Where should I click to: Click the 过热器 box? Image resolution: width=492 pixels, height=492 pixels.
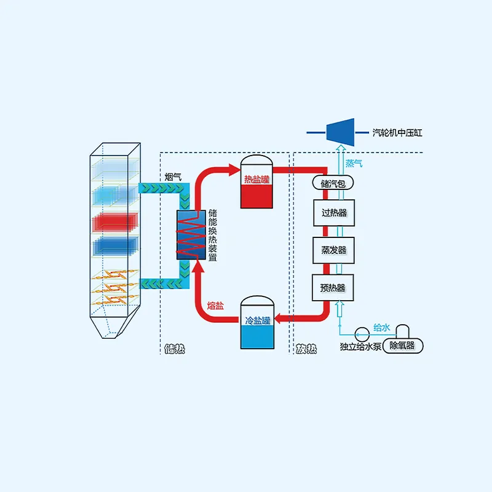334,213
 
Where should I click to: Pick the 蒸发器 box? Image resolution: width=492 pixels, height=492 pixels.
334,250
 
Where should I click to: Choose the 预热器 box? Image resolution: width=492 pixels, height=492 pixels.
334,287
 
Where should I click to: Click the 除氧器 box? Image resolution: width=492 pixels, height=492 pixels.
402,346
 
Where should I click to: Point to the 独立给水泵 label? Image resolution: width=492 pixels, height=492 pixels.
361,346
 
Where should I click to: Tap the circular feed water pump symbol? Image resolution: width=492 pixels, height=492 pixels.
362,331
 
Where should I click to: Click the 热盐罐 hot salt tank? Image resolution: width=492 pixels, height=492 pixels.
256,181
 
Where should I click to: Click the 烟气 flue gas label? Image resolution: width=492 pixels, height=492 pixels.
173,177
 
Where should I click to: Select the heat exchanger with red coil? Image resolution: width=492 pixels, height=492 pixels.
191,234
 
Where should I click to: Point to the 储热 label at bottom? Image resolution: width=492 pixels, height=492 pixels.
175,350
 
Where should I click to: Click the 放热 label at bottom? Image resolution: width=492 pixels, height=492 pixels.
306,350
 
